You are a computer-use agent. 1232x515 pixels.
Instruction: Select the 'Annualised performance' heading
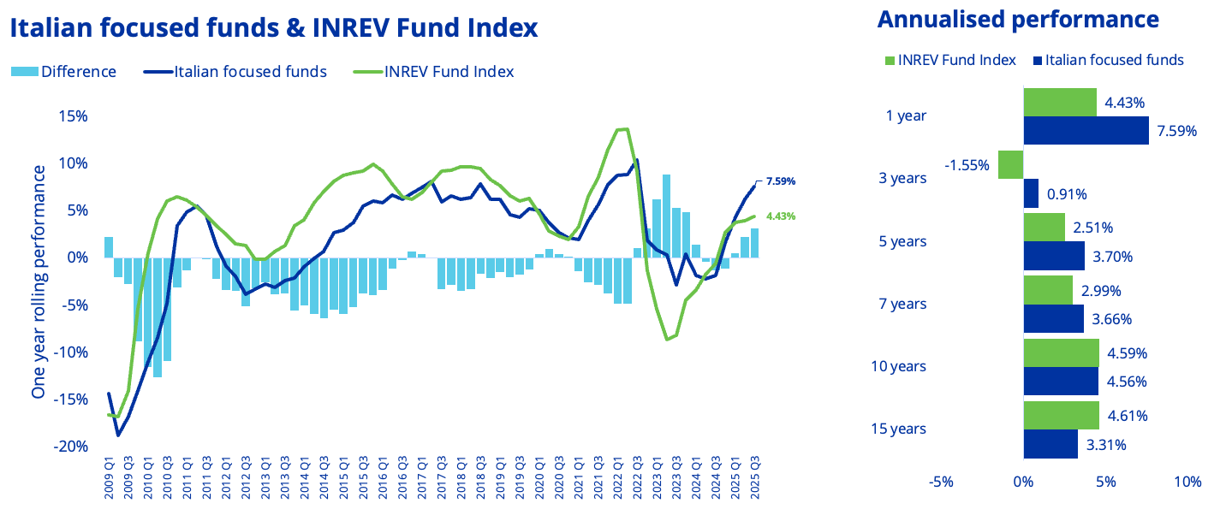pyautogui.click(x=1018, y=20)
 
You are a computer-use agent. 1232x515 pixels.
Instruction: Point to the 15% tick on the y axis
pyautogui.click(x=72, y=116)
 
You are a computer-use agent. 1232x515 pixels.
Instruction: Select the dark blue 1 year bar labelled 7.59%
pyautogui.click(x=1086, y=131)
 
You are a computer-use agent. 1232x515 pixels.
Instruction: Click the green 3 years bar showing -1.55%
pyautogui.click(x=1011, y=165)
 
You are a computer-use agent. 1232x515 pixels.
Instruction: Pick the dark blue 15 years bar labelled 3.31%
pyautogui.click(x=1050, y=444)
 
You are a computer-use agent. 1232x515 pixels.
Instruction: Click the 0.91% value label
pyautogui.click(x=1067, y=193)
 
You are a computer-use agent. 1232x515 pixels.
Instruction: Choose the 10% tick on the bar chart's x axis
pyautogui.click(x=1187, y=482)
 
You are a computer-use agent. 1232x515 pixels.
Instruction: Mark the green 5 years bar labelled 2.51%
pyautogui.click(x=1045, y=228)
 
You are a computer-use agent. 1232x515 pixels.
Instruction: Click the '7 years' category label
pyautogui.click(x=902, y=304)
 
